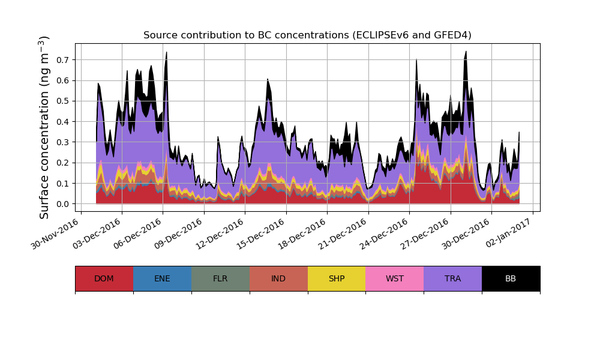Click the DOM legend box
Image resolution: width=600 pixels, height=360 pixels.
click(104, 278)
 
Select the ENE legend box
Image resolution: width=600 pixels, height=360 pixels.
click(162, 278)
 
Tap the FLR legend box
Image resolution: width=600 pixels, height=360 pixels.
click(220, 278)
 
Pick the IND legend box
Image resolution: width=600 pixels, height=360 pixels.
click(278, 278)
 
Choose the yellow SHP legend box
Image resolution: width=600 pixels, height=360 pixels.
click(337, 278)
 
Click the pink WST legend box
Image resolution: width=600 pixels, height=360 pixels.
click(395, 278)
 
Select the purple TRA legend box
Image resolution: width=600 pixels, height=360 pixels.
click(453, 278)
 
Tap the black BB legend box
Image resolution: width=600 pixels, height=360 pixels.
click(511, 278)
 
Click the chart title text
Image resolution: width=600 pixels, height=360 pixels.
click(307, 35)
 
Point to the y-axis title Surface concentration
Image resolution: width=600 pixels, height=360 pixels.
click(44, 127)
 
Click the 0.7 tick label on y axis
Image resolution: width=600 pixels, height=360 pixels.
click(62, 60)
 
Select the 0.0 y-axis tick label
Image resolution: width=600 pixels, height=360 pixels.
click(62, 204)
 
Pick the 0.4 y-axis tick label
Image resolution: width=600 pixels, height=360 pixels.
click(62, 122)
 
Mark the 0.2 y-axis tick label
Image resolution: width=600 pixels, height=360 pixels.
click(62, 163)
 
